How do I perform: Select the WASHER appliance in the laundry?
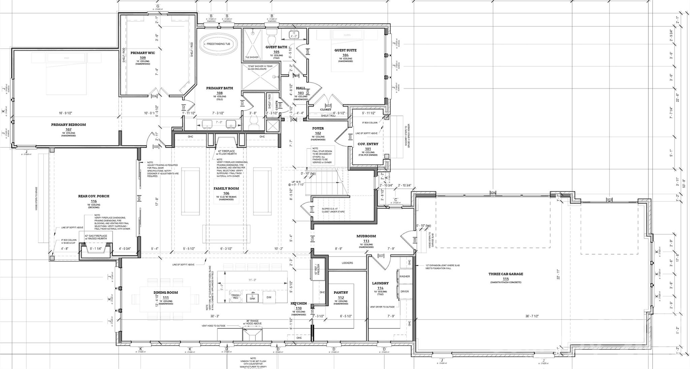click(404, 276)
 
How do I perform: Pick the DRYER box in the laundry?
click(404, 291)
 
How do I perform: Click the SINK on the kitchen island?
click(252, 298)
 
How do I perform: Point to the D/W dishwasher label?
click(269, 297)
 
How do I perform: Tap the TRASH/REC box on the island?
click(235, 296)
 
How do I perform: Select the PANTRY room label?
click(341, 293)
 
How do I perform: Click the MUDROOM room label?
click(366, 236)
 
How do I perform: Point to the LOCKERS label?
click(347, 263)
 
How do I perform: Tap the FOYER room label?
click(318, 129)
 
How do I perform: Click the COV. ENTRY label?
click(368, 144)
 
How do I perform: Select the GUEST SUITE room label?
click(345, 50)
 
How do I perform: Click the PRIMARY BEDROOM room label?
click(68, 125)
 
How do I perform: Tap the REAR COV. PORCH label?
click(94, 196)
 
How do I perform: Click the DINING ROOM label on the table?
click(165, 293)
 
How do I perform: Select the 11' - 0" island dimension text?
click(252, 280)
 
